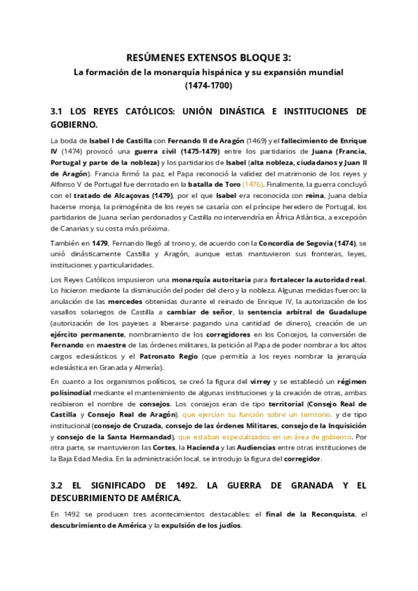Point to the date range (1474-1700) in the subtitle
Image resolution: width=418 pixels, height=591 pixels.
click(208, 86)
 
